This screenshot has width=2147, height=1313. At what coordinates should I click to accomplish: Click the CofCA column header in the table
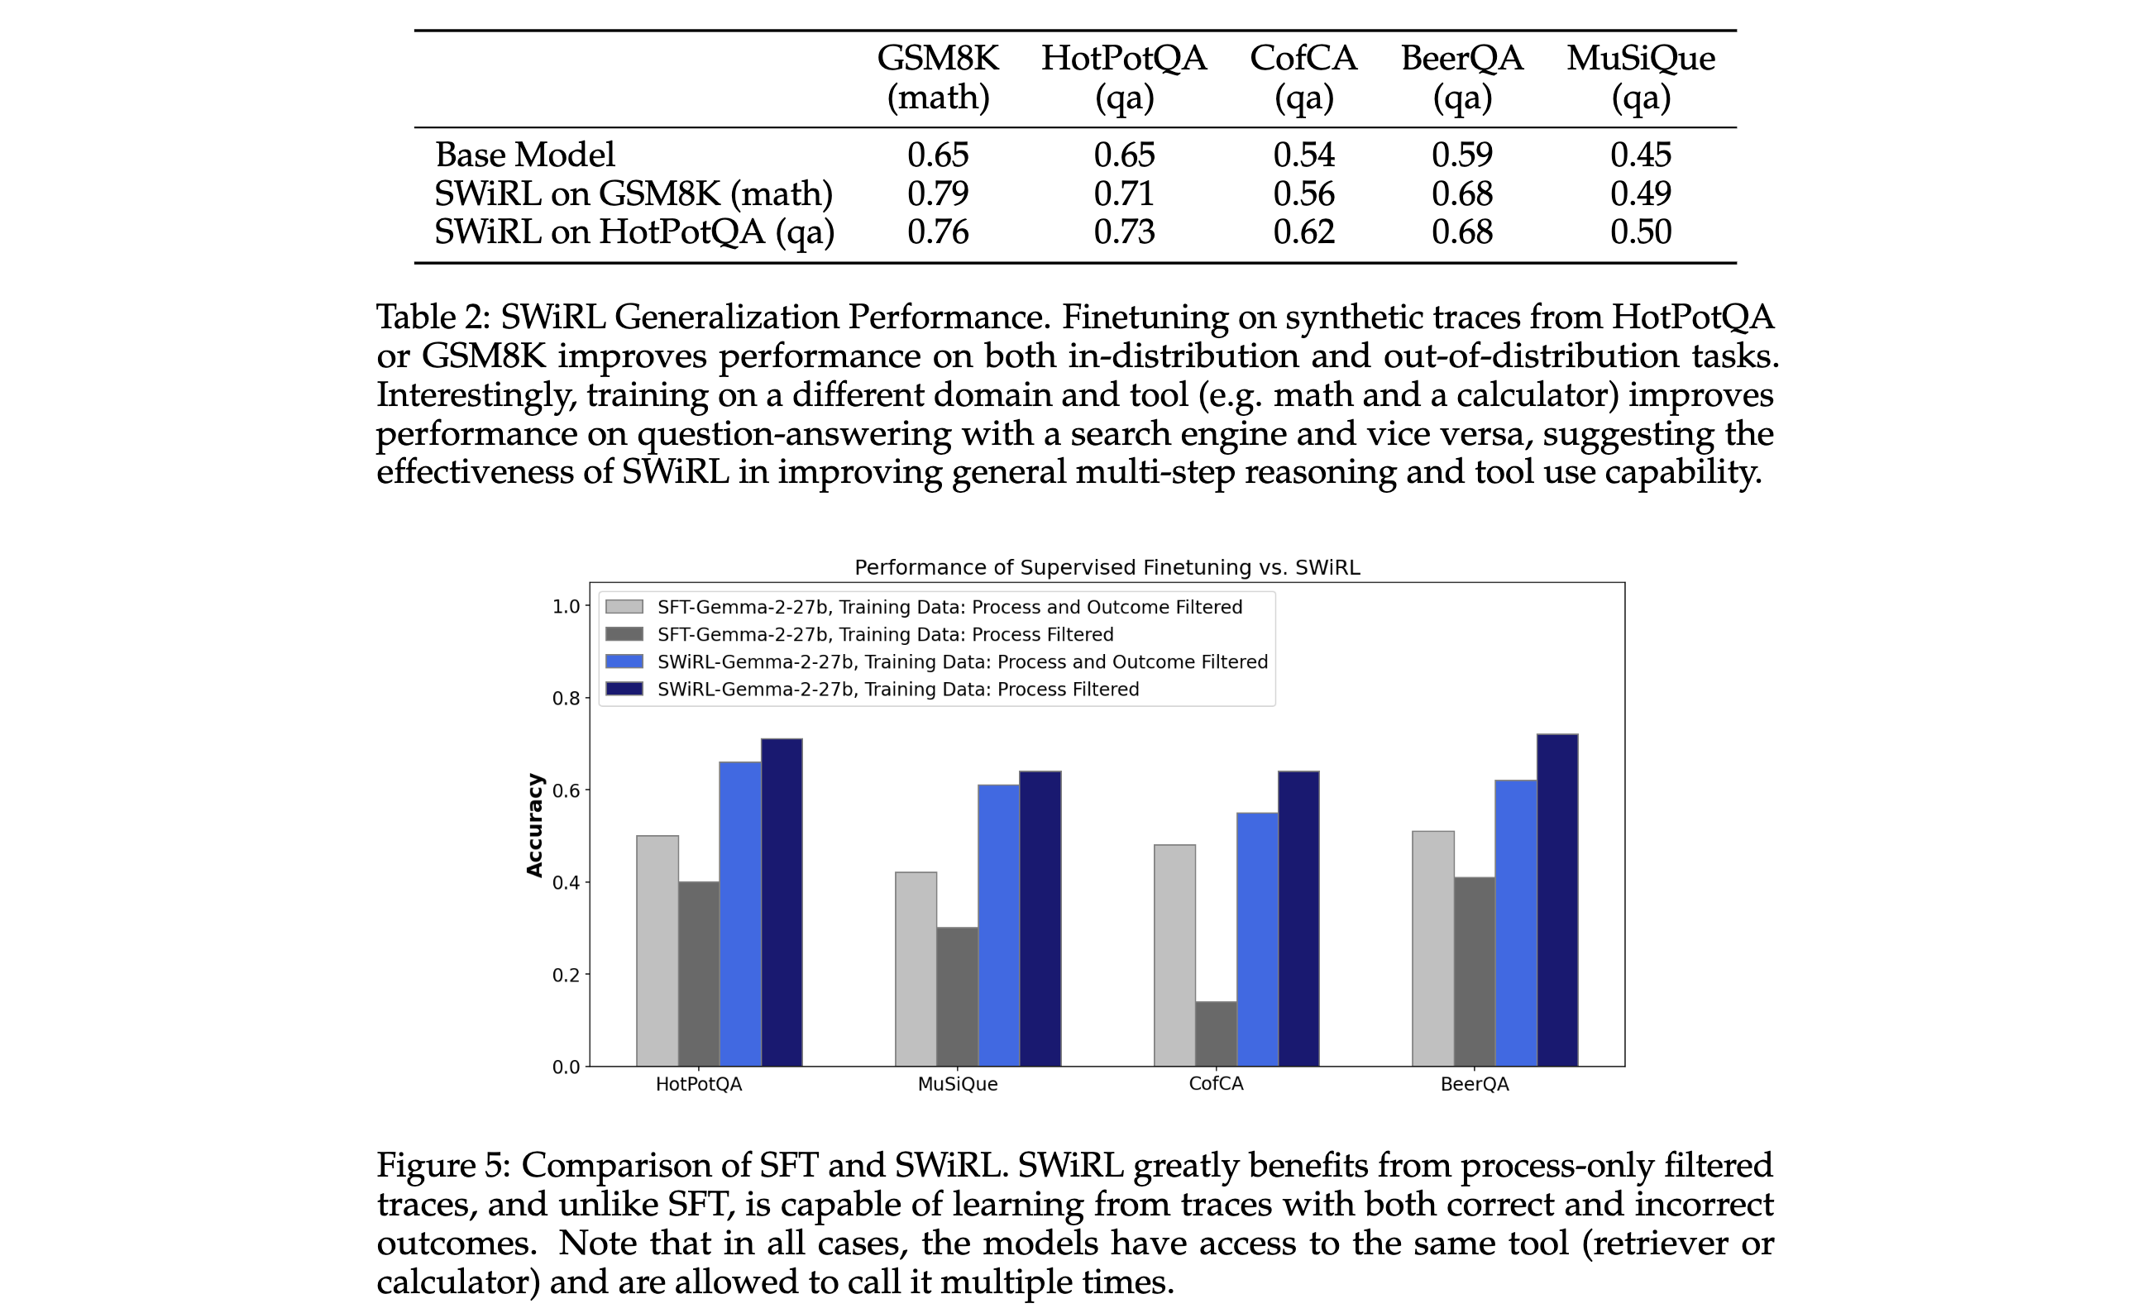coord(1303,77)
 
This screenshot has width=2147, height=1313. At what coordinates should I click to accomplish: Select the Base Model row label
coord(524,155)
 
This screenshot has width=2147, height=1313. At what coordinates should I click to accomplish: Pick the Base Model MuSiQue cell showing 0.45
coord(1640,155)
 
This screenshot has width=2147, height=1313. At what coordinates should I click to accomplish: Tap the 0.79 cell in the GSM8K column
coord(938,193)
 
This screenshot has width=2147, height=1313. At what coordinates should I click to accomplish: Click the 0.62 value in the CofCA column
coord(1303,232)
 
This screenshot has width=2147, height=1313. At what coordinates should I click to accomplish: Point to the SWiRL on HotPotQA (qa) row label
coord(634,232)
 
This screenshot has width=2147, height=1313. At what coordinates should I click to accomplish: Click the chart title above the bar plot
coord(1107,567)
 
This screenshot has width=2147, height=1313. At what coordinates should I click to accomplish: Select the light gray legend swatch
coord(624,606)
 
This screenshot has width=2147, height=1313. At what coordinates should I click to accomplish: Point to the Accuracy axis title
coord(534,825)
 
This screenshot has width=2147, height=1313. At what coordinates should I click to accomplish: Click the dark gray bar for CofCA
coord(1216,1034)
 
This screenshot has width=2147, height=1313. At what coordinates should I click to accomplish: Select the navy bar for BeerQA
coord(1557,900)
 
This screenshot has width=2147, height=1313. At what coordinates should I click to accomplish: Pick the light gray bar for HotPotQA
coord(657,951)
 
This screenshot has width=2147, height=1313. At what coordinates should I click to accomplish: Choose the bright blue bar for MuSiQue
coord(998,925)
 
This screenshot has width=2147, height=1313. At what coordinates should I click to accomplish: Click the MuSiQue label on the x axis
coord(958,1084)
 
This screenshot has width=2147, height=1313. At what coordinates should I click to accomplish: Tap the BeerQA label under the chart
coord(1475,1084)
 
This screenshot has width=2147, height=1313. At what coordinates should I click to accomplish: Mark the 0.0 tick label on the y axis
coord(566,1067)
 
